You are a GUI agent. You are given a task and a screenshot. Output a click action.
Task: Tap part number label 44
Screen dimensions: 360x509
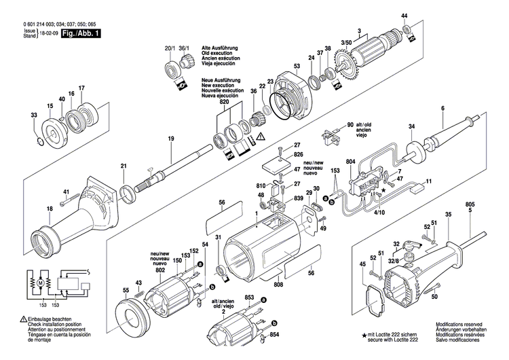pos(404,16)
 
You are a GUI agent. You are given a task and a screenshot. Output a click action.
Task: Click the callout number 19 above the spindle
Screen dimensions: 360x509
pos(171,139)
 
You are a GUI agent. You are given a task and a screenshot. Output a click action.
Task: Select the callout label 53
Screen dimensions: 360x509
pos(296,66)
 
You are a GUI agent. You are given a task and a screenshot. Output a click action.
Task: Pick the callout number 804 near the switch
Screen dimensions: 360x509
pos(350,161)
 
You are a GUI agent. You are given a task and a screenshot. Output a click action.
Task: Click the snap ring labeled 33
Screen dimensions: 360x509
pos(39,141)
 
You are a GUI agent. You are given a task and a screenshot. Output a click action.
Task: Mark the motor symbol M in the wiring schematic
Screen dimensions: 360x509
pos(39,281)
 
